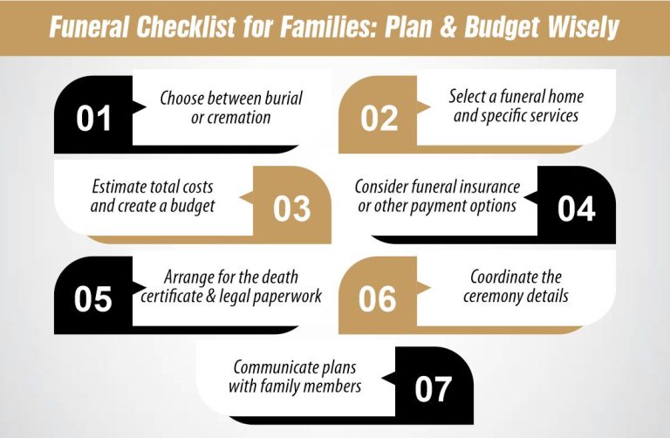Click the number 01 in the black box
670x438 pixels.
click(93, 119)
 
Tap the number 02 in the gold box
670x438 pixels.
click(379, 119)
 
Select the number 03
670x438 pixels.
click(291, 209)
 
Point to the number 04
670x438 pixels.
click(577, 209)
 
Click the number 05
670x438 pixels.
click(93, 298)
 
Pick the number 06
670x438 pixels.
click(379, 298)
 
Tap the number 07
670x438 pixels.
click(434, 388)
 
